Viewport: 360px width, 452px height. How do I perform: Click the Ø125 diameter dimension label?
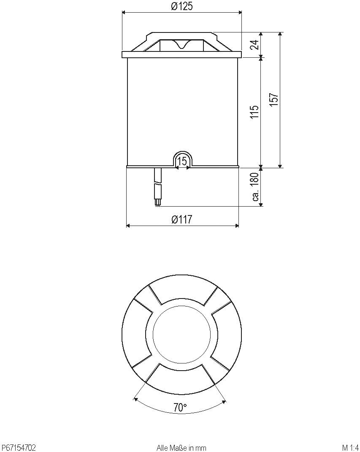181,7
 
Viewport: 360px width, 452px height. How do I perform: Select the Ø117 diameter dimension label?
182,220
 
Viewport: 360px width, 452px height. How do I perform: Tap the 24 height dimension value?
254,45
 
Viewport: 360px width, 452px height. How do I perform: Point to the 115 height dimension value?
254,112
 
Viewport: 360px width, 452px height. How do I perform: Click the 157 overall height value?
274,100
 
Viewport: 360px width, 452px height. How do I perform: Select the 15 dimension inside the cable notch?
182,161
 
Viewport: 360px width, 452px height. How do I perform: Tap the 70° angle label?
180,407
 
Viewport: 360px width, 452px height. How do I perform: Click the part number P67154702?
19,447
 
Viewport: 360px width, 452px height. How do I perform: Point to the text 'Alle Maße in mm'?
181,447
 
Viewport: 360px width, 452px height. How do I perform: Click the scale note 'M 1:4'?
350,447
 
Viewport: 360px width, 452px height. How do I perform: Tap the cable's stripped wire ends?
158,203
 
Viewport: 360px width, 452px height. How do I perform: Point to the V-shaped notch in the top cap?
182,45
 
